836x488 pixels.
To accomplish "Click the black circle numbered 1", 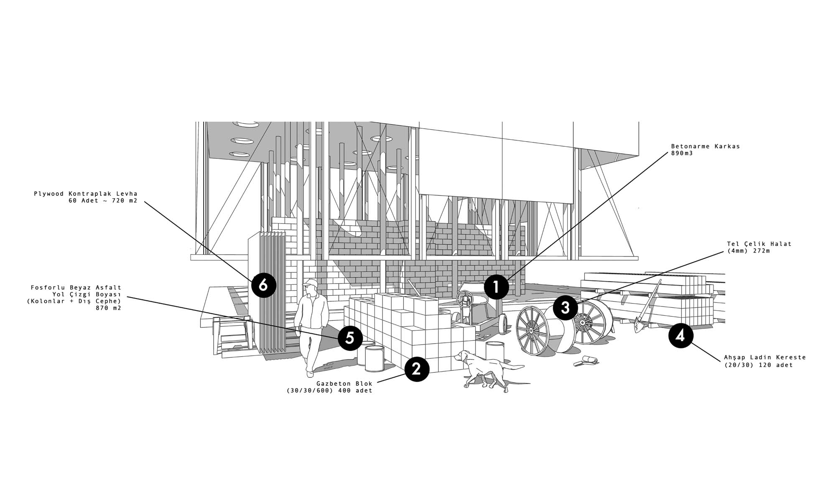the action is [x=497, y=287].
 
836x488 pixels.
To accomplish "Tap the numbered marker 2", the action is [x=417, y=369].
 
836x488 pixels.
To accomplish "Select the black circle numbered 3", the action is [x=566, y=308].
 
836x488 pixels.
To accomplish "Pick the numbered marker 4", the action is [x=681, y=336].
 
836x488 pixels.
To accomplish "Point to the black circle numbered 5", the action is [x=350, y=338].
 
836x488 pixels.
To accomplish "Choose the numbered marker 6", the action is [x=264, y=286].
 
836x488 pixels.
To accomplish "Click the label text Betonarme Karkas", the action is [x=706, y=146].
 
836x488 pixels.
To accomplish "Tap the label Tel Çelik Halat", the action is [x=759, y=244].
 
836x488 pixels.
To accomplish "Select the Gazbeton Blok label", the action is [x=344, y=383].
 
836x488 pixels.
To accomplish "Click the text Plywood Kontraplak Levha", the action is [x=86, y=194].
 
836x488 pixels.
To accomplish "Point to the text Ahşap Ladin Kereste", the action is [x=765, y=358].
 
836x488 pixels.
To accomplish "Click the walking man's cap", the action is [x=310, y=282].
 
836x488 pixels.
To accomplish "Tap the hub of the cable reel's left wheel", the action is [x=531, y=330].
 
